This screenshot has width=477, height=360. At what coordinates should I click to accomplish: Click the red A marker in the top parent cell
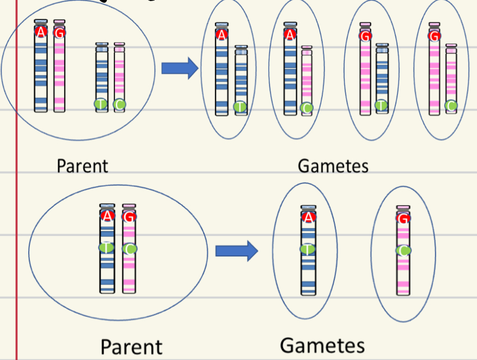point(41,32)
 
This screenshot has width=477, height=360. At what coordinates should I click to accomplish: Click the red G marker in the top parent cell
point(59,33)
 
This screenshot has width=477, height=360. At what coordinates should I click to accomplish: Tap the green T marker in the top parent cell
point(100,103)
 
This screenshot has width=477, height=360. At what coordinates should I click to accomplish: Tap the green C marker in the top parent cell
point(119,103)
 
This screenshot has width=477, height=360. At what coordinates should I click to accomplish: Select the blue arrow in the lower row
point(236,251)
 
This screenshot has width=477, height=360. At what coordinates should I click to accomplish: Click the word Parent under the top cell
point(82,166)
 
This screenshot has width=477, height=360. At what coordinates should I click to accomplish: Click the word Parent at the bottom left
point(131,346)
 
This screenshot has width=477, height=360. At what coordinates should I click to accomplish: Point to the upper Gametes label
point(333,166)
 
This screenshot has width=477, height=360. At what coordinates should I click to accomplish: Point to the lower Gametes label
point(322,345)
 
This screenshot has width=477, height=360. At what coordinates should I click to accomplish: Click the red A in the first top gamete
point(221,35)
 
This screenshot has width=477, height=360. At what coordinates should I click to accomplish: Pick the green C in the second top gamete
point(307,107)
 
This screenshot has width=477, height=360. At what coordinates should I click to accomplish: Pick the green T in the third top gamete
point(381,105)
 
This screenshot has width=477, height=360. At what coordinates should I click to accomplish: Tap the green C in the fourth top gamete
point(450,105)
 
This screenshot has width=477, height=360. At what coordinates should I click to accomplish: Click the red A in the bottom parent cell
point(107,216)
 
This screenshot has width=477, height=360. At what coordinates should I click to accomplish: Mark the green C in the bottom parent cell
point(129,248)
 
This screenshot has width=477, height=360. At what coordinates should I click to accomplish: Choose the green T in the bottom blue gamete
point(308,249)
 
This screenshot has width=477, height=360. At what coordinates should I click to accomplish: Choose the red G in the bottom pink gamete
point(403,219)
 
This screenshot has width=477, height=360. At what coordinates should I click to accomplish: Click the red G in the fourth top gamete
point(434,36)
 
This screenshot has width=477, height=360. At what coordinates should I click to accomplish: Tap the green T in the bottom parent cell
point(107,248)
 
